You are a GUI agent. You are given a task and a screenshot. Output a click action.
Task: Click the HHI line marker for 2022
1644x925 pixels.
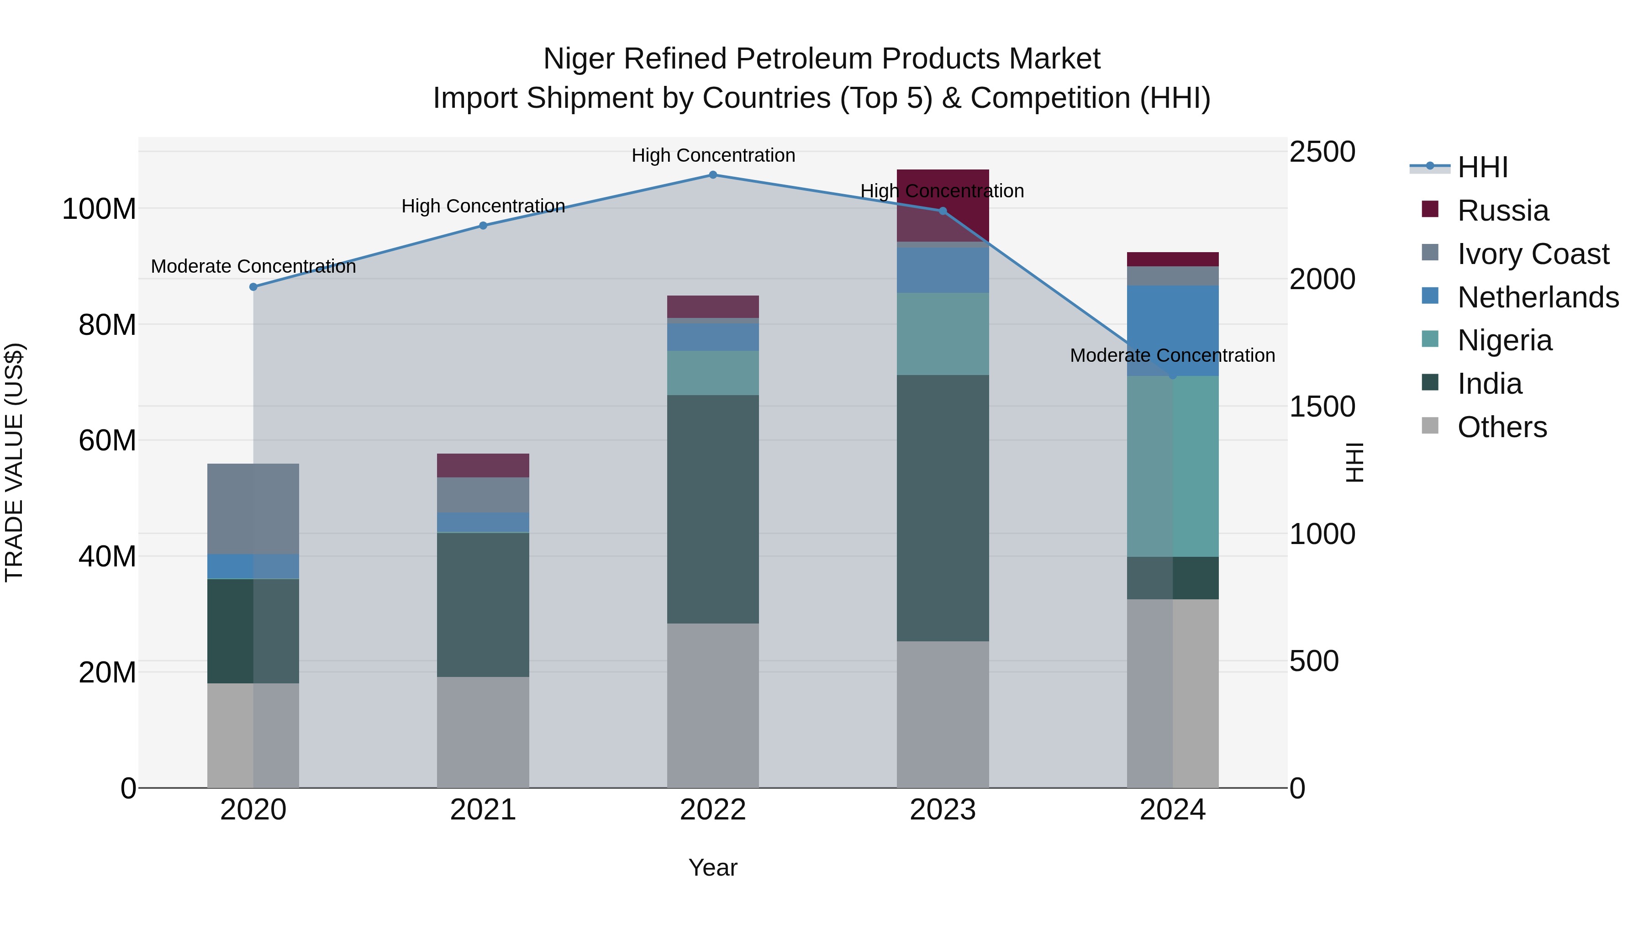(713, 175)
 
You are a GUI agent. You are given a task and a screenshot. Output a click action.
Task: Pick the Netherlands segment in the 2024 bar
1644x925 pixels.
(1172, 331)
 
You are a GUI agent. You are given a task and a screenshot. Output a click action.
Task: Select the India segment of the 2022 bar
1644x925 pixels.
(713, 509)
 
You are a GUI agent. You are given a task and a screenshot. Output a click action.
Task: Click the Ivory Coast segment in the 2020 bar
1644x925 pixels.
(253, 509)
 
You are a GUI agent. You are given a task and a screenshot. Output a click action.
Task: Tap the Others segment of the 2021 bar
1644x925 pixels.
(483, 732)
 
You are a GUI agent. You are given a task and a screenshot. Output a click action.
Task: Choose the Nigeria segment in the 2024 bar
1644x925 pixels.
(1172, 466)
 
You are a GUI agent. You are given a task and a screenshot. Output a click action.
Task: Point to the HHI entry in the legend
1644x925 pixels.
(1482, 167)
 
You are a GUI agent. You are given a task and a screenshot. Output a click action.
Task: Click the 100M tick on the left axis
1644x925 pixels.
(99, 209)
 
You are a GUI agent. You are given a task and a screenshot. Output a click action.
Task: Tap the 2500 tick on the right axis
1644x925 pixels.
(1322, 153)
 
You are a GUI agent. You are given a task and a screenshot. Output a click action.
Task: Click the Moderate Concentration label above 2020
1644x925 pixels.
(253, 267)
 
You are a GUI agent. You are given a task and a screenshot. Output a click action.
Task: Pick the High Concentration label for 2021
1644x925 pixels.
(483, 206)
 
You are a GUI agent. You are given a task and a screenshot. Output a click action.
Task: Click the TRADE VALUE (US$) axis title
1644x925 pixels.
(15, 462)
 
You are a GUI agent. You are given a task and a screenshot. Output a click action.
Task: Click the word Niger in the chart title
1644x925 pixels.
(580, 59)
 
